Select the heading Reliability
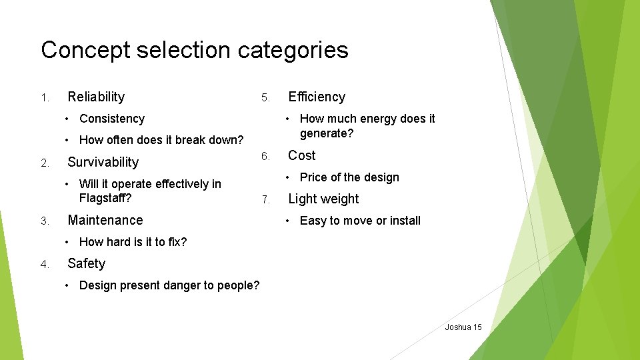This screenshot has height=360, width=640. (96, 97)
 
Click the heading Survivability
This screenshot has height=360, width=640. (103, 162)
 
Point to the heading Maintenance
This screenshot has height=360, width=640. (105, 220)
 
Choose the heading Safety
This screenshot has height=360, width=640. (86, 263)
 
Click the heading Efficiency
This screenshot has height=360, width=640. (317, 97)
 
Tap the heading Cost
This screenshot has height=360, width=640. (301, 155)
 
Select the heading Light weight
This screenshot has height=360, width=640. (323, 199)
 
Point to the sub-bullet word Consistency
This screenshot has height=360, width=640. (111, 119)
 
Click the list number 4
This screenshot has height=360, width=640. (45, 265)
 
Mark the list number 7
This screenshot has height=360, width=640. (265, 200)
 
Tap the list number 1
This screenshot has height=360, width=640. (45, 98)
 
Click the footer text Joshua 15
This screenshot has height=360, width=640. (463, 327)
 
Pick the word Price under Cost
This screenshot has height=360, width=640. (313, 177)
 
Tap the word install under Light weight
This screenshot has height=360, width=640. (403, 221)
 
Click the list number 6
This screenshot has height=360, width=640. (265, 157)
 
